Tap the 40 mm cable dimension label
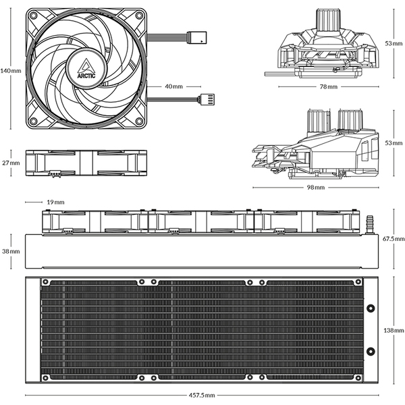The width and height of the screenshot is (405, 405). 173,86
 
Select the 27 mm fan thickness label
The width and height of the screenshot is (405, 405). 11,163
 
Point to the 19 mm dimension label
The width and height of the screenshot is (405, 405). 55,202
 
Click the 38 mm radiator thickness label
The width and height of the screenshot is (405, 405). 11,251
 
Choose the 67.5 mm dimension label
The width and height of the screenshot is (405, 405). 394,239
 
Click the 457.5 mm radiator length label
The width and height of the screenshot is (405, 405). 200,395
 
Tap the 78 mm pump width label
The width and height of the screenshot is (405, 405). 329,87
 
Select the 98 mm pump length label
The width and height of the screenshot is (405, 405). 315,187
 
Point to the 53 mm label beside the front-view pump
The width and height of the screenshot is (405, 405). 394,43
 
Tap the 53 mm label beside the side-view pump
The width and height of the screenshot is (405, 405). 394,143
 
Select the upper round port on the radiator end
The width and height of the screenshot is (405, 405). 371,309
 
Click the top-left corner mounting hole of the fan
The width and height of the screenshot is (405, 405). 34,18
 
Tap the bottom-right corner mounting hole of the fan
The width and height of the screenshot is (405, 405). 139,124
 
